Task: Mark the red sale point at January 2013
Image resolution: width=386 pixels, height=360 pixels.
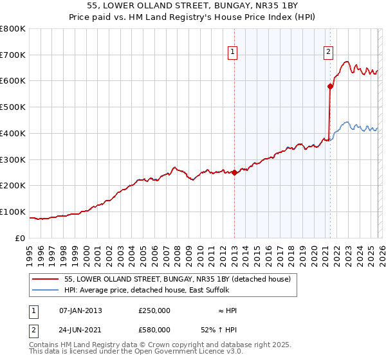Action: (x=235, y=172)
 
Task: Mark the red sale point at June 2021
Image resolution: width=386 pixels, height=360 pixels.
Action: (x=331, y=85)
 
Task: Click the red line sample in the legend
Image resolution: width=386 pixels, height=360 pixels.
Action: (x=46, y=280)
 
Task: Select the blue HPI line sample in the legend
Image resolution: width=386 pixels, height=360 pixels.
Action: (x=46, y=291)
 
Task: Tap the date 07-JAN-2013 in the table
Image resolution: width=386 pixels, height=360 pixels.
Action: (x=80, y=310)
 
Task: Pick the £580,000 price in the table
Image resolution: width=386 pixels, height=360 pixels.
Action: (x=154, y=329)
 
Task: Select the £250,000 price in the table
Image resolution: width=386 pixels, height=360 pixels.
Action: (x=154, y=310)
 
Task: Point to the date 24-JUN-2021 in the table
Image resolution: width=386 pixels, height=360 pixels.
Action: (x=80, y=329)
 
